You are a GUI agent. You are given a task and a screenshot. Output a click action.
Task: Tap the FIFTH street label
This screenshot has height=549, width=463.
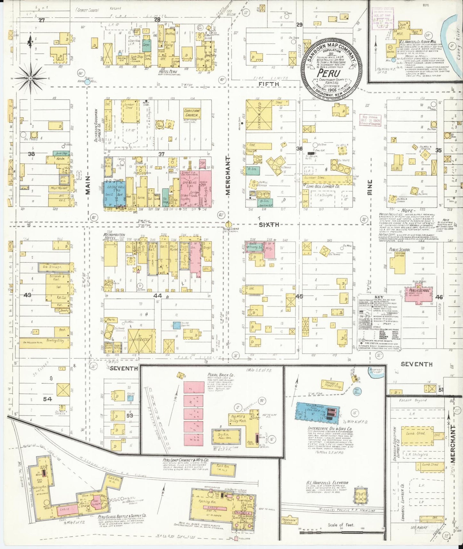pos(269,84)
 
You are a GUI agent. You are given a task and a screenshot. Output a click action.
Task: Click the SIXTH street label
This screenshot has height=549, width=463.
pos(269,225)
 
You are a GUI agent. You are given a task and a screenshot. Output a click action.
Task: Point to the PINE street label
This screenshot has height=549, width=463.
pos(370,187)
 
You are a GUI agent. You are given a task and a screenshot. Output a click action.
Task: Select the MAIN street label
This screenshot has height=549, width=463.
pos(88,185)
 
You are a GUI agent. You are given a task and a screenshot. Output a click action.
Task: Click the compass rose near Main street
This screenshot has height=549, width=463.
pos(31,77)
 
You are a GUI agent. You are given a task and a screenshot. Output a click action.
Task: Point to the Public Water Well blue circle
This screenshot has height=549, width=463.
pos(87,82)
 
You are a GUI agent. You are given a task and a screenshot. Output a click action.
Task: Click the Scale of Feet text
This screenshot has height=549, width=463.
pos(340,525)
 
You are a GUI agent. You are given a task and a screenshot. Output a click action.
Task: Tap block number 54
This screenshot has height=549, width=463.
pos(47,399)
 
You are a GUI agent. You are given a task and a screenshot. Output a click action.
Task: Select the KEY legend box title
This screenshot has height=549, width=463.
pos(379,297)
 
